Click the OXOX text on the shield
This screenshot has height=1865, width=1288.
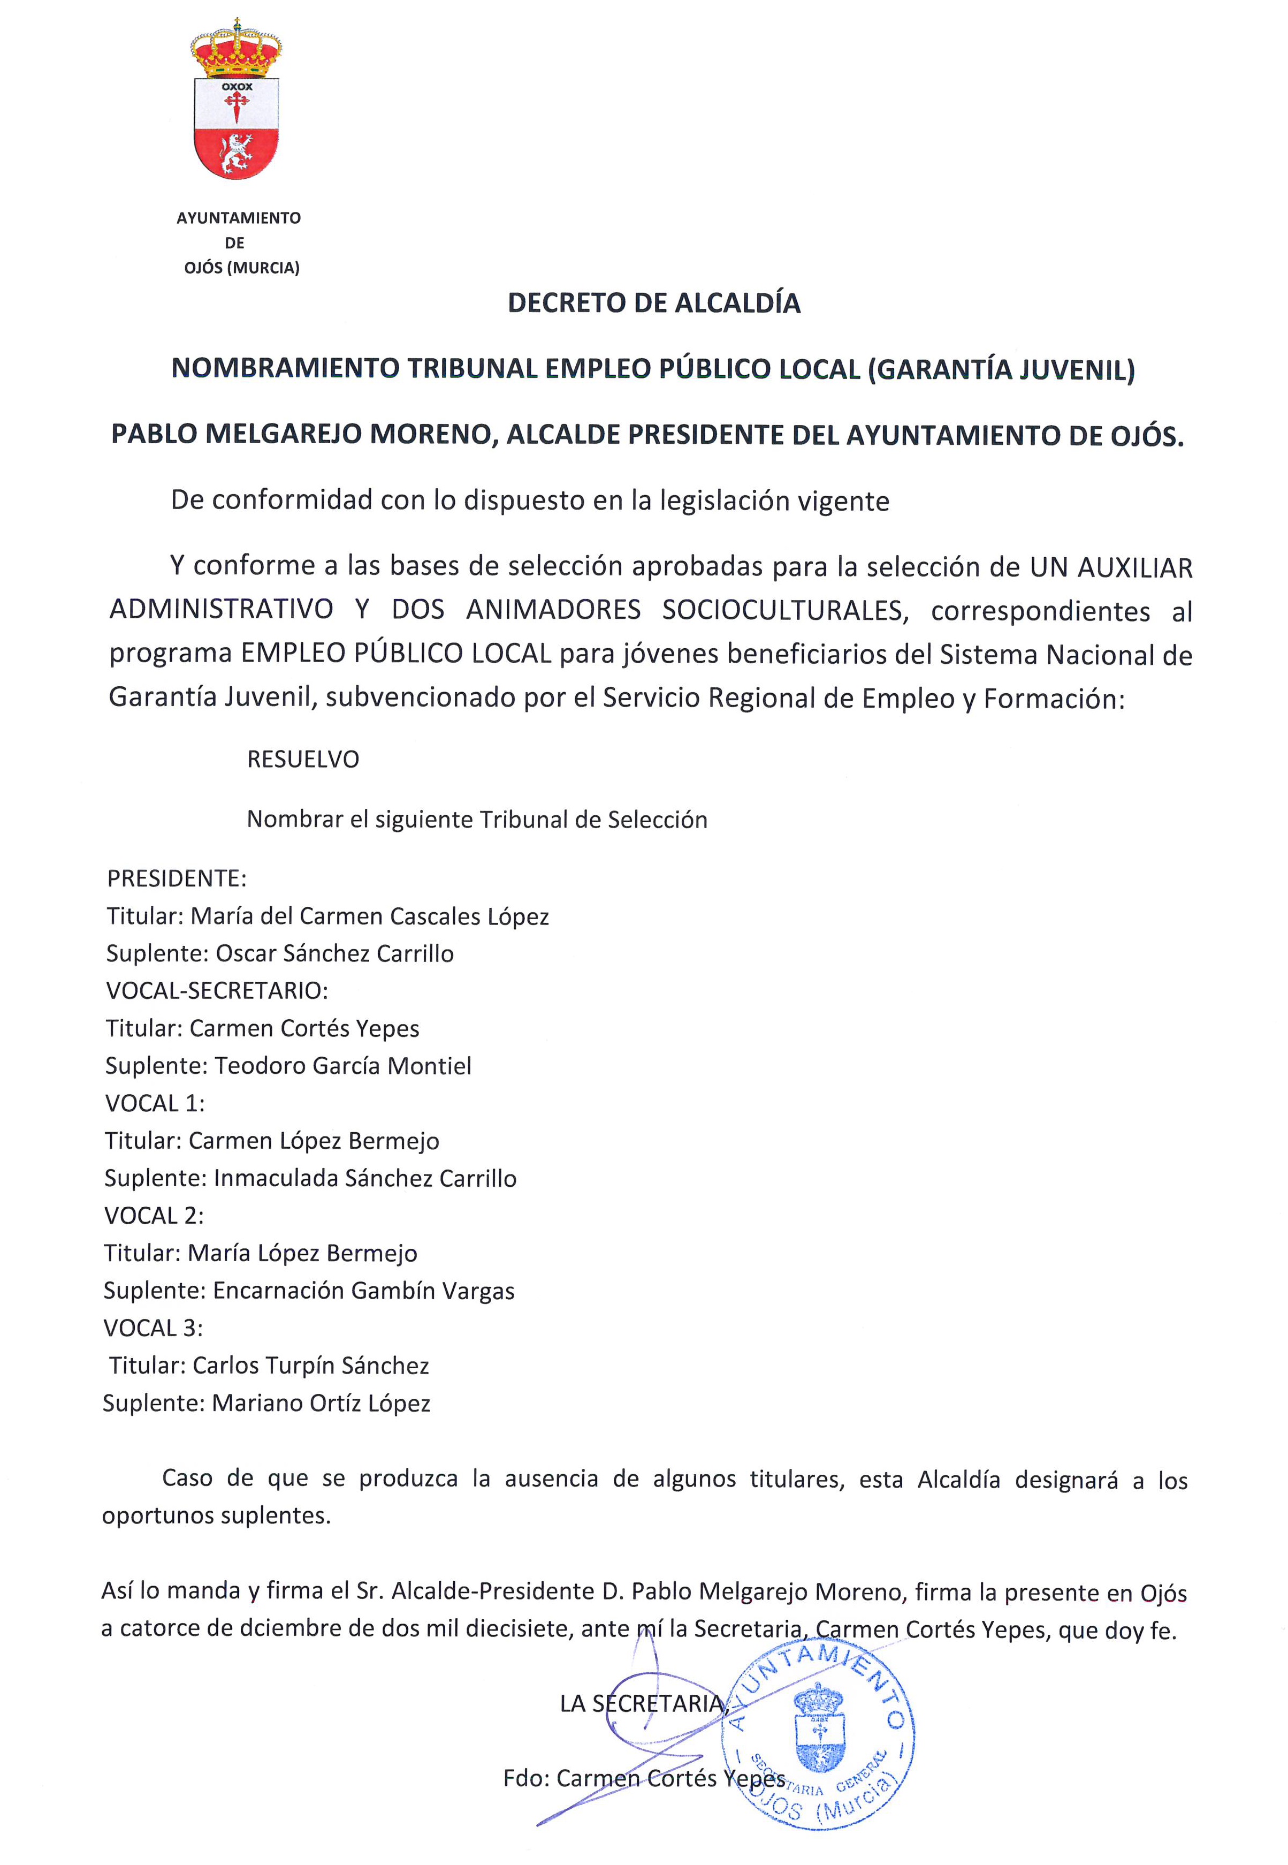point(237,86)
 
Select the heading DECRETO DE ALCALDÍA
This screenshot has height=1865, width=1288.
point(654,303)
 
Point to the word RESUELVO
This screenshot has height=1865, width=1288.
point(303,759)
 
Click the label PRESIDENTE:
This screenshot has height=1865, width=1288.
point(177,878)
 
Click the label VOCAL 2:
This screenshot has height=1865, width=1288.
point(154,1215)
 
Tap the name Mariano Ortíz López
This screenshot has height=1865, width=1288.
point(321,1403)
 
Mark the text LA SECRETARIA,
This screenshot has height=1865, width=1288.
point(644,1703)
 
